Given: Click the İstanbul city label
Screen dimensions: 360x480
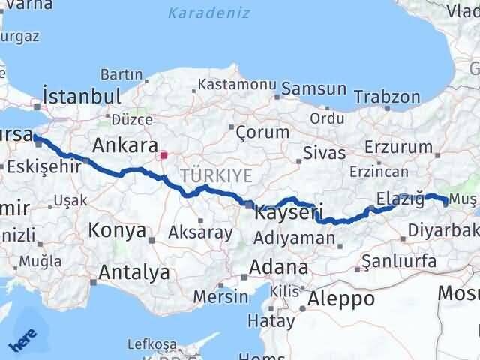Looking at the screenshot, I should [82, 97].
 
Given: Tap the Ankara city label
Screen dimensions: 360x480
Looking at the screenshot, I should [124, 145].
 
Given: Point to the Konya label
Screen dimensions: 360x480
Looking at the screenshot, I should [117, 230].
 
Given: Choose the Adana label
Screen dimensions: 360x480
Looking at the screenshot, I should [279, 267].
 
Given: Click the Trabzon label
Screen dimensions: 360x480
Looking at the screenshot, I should [387, 97].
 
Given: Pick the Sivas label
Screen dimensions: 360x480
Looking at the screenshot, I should [324, 153].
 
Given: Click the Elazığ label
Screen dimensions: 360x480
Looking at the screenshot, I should [401, 199].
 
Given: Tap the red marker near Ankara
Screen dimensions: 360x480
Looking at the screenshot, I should [164, 156].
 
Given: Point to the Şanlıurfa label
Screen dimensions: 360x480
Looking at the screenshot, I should [399, 261].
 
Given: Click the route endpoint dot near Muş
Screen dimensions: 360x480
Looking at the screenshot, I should [446, 202].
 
